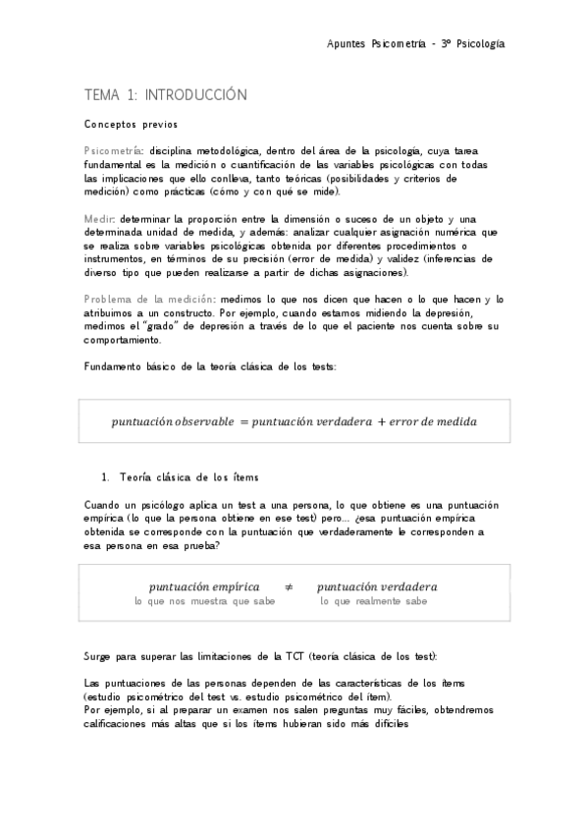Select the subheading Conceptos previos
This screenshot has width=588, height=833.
[x=130, y=125]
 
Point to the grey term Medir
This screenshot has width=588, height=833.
[x=99, y=217]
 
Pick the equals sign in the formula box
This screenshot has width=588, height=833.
[x=243, y=422]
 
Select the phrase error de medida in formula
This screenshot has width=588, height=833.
[x=433, y=422]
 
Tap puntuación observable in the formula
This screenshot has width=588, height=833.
[x=173, y=422]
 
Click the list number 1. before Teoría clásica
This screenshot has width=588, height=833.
[x=108, y=477]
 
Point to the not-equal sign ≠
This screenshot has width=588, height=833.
[x=289, y=586]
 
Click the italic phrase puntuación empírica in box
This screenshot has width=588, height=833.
[x=204, y=586]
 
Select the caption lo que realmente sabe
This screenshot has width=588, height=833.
[x=374, y=601]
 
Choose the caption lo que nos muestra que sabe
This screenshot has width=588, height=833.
[x=204, y=601]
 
